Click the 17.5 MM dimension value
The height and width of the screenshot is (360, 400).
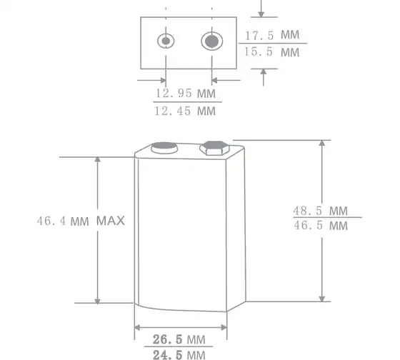(272, 35)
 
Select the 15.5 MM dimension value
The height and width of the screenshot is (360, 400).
(272, 52)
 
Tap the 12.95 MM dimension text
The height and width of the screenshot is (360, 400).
(186, 94)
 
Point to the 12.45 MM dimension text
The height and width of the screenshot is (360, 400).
(185, 111)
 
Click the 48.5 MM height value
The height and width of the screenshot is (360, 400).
(321, 211)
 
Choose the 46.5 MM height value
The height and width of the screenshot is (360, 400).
(321, 226)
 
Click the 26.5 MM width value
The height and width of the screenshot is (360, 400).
(179, 339)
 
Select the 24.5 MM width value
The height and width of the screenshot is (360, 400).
(179, 355)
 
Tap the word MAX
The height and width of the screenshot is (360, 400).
(111, 221)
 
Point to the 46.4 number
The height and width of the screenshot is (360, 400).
(51, 221)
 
